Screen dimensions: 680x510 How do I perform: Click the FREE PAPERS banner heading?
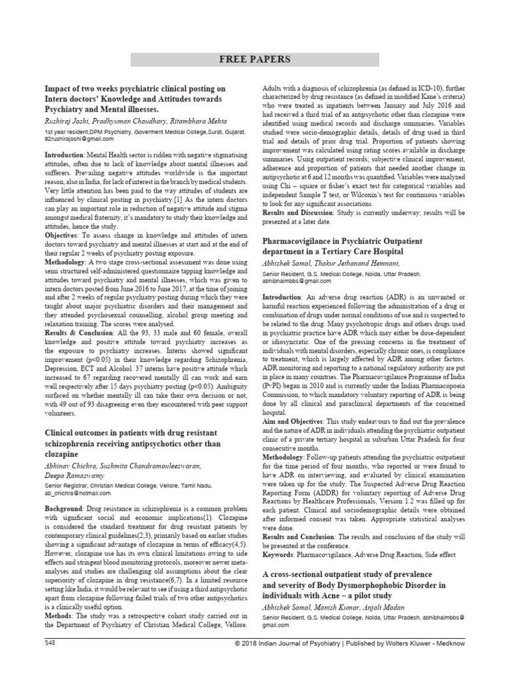[x=255, y=59]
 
